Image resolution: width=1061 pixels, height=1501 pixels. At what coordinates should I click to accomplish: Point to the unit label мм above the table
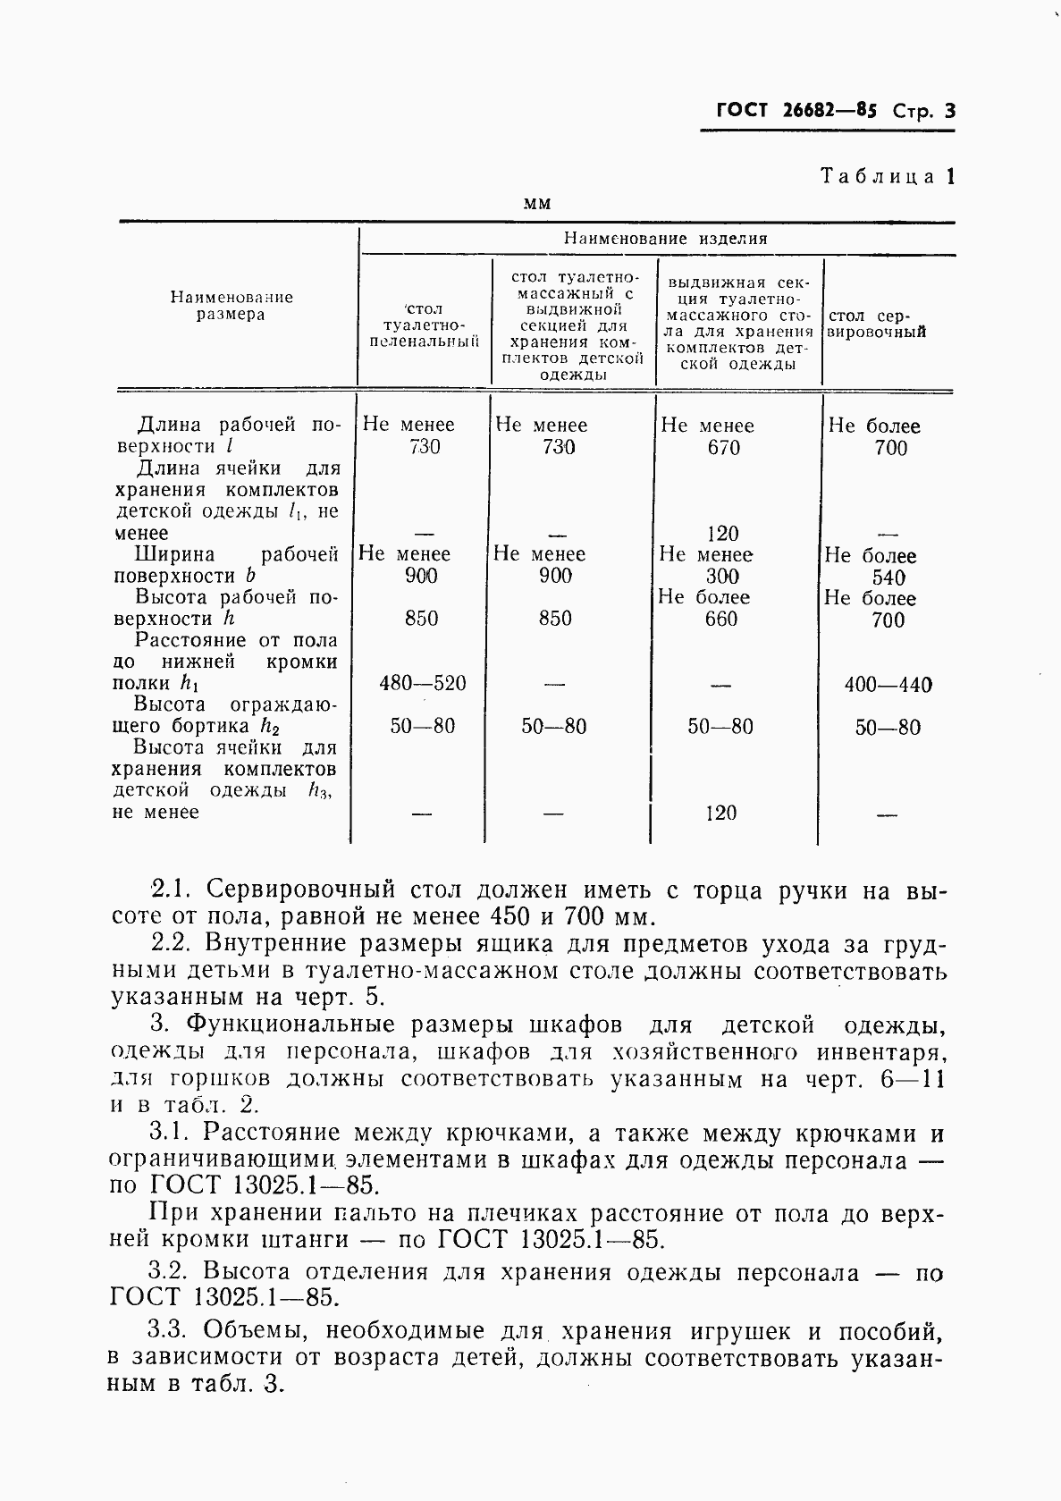click(x=537, y=203)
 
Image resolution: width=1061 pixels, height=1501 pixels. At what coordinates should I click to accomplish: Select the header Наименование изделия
click(x=665, y=239)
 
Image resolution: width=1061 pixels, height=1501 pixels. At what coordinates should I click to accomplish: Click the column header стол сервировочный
click(x=878, y=324)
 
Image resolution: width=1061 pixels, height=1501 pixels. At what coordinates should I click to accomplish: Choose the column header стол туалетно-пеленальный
click(x=424, y=325)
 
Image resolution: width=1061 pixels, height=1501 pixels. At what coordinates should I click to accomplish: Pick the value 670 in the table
click(x=723, y=447)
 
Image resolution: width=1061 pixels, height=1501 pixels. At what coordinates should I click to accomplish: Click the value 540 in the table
click(x=888, y=578)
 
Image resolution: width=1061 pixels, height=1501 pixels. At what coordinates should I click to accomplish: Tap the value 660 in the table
click(x=720, y=619)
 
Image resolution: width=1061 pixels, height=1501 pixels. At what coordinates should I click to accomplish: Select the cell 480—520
click(x=423, y=684)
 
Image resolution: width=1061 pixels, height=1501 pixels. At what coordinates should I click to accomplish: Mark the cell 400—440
click(x=888, y=686)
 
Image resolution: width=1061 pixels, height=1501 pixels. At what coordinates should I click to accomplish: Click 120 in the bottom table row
click(x=720, y=814)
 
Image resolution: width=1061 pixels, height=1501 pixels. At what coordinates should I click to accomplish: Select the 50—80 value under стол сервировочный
click(x=888, y=728)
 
